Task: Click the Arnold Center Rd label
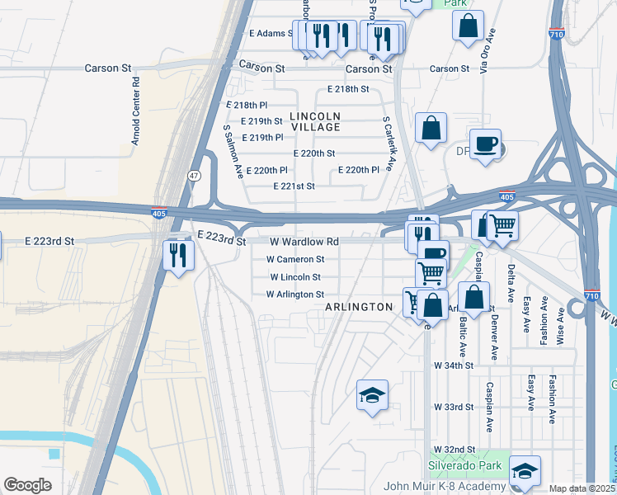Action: coord(135,111)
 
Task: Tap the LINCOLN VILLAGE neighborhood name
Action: coord(315,121)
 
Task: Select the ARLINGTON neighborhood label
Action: coord(358,307)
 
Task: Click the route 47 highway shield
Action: coord(194,176)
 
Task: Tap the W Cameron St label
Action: coord(289,259)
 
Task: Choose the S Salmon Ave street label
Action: coord(233,152)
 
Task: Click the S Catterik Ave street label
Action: coord(387,143)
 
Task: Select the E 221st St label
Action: coord(294,186)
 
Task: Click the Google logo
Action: coord(28,484)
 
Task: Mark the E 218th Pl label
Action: coord(246,106)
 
